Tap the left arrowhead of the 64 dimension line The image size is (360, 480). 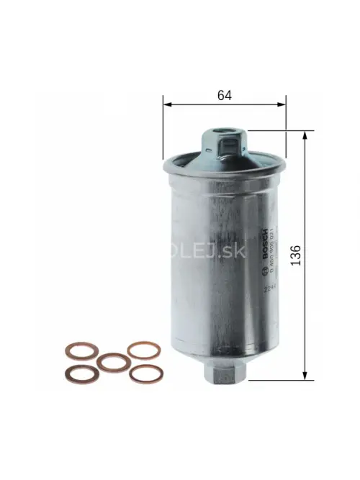168,105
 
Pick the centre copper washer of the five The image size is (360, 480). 113,361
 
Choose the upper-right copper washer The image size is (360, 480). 143,350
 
